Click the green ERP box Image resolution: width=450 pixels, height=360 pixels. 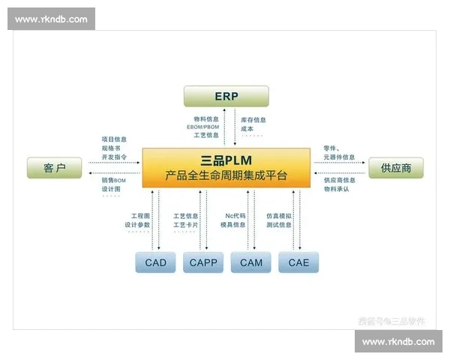point(226,96)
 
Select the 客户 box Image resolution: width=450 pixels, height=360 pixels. point(54,168)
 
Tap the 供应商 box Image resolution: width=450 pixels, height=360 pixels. point(395,168)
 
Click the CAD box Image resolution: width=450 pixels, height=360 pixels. point(156,262)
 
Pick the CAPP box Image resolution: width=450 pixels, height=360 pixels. point(203,262)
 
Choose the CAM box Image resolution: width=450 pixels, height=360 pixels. point(251,262)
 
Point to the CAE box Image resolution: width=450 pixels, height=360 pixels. point(298,262)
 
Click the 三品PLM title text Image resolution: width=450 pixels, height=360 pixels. point(226,160)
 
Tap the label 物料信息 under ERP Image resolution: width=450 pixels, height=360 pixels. point(207,119)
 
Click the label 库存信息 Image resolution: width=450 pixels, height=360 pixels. point(253,119)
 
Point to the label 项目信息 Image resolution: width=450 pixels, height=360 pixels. point(114,139)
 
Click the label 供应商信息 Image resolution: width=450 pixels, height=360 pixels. point(339,180)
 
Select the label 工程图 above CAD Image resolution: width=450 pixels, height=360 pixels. point(141,216)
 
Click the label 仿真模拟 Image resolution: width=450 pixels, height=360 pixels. point(279,216)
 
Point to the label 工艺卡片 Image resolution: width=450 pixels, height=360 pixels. point(186,225)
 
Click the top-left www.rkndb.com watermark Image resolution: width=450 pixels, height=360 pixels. point(51,19)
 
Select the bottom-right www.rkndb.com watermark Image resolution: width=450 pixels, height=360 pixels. point(398,342)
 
